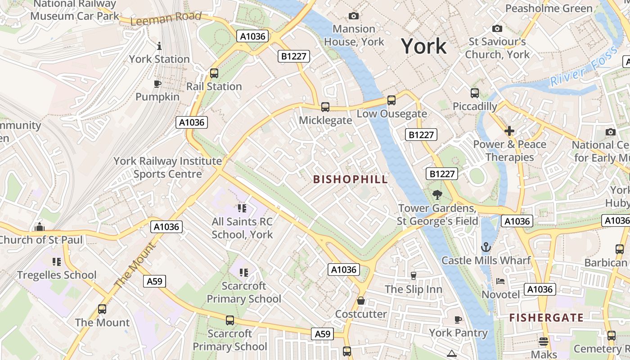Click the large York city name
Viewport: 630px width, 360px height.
[424, 46]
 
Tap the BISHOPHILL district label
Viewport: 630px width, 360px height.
[350, 179]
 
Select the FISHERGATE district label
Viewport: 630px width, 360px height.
[546, 318]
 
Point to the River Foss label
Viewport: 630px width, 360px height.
[584, 68]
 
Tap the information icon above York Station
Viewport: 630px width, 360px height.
[159, 46]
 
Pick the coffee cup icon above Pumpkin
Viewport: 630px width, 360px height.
[157, 84]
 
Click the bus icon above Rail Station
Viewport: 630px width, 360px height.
[214, 73]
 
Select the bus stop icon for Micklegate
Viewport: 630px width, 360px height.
[325, 107]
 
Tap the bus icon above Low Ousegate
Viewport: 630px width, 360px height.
[391, 100]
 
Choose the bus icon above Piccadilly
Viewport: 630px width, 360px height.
[475, 93]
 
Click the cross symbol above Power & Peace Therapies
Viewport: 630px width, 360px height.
[509, 131]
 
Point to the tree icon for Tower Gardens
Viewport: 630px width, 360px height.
[436, 195]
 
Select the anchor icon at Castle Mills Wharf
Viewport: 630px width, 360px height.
[486, 247]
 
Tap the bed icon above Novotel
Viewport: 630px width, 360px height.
[500, 281]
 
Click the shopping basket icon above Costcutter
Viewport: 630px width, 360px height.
[361, 301]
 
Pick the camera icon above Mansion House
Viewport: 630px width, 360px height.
[354, 16]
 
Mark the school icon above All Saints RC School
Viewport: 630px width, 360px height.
[242, 208]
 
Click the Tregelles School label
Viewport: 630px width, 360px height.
[57, 275]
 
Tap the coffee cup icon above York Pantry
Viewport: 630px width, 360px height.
[458, 319]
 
